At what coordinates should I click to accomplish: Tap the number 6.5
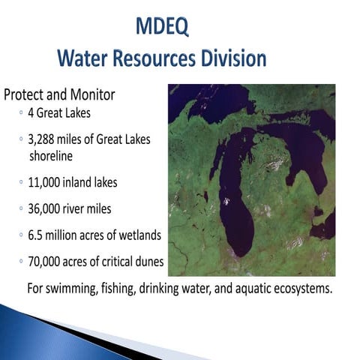point(37,235)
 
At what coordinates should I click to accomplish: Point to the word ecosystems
point(301,288)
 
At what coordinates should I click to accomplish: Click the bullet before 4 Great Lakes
point(21,114)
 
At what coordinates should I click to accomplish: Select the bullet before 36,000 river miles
point(21,209)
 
